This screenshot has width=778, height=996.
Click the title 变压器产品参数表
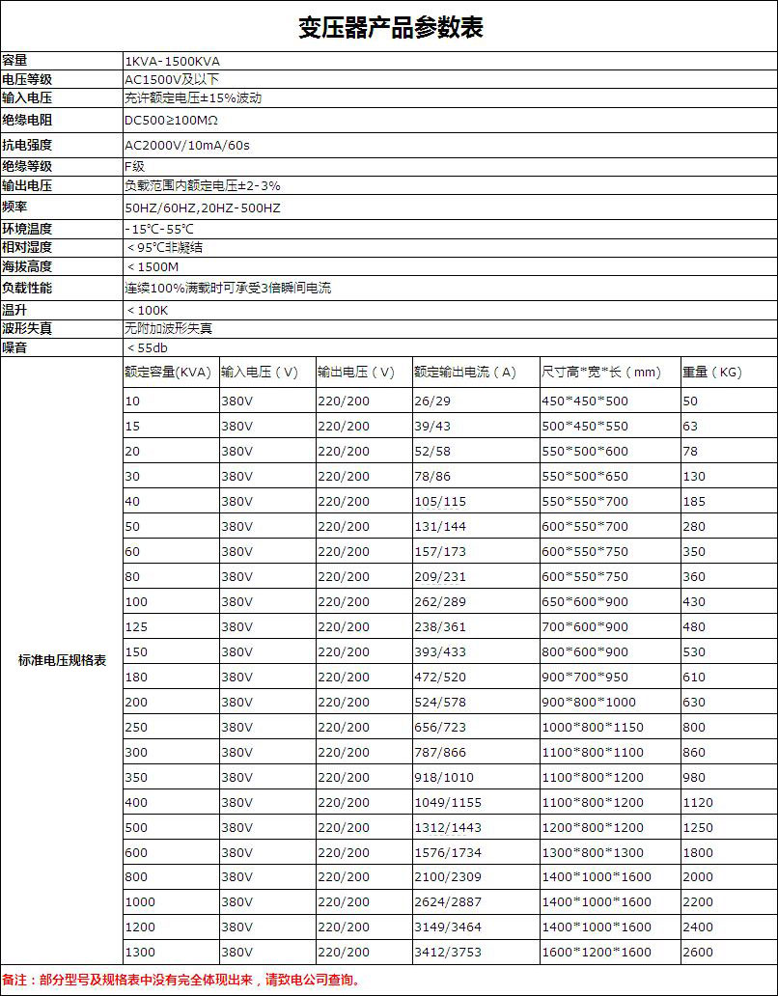(389, 27)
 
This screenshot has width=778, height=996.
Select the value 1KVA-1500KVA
(172, 61)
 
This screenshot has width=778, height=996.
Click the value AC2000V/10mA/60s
(187, 146)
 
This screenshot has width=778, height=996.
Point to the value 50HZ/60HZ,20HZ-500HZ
(203, 208)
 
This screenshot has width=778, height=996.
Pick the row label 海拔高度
(27, 266)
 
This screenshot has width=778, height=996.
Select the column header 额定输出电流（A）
(464, 373)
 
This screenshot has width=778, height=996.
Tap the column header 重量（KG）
(711, 373)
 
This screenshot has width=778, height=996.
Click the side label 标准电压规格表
(62, 661)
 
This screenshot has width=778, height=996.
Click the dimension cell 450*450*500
(585, 401)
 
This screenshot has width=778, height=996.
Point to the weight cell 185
(694, 502)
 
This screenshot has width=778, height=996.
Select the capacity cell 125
(136, 627)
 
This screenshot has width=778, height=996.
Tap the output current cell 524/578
(440, 703)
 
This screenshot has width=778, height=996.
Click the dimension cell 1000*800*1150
(593, 728)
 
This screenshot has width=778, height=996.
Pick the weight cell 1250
(698, 828)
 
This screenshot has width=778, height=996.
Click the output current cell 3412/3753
(448, 953)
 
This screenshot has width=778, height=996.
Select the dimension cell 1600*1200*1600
(597, 953)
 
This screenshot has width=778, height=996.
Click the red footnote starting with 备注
(181, 981)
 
